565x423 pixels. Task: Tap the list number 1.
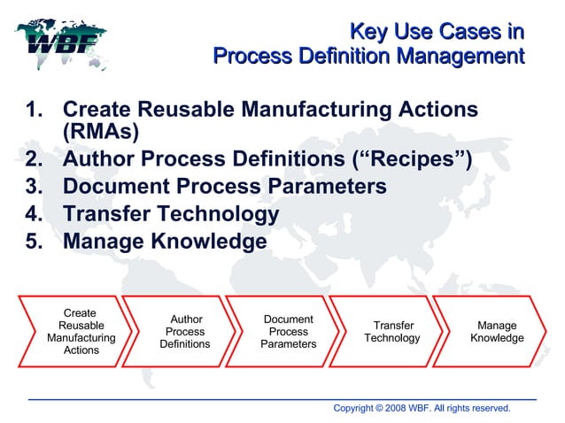click(34, 111)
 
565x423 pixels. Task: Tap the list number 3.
click(34, 188)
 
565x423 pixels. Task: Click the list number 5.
click(34, 242)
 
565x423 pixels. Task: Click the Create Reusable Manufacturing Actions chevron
click(80, 332)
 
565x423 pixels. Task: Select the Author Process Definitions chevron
click(185, 332)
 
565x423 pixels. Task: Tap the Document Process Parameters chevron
click(289, 332)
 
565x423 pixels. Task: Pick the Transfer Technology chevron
click(392, 332)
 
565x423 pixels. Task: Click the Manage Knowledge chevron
click(496, 332)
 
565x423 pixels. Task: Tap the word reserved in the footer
click(489, 408)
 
